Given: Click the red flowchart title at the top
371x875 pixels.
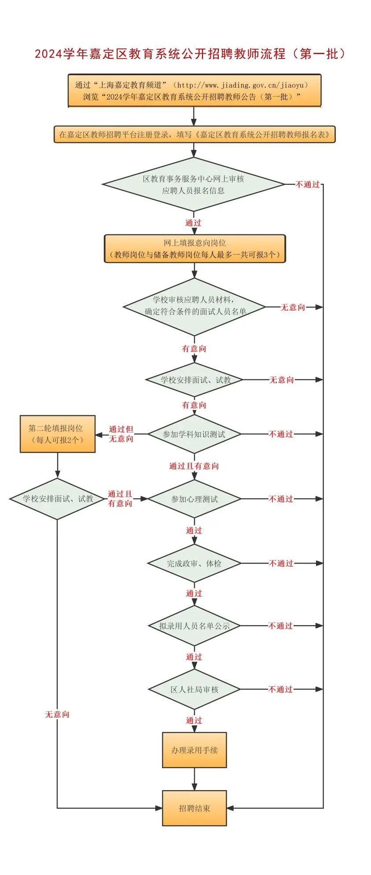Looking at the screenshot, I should (190, 54).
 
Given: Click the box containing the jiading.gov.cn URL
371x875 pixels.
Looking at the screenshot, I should (194, 91).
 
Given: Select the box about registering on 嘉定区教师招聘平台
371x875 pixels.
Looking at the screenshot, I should (194, 135).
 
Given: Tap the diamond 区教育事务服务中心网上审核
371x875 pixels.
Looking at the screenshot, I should (193, 185).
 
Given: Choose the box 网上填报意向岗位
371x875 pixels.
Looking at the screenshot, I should (195, 249).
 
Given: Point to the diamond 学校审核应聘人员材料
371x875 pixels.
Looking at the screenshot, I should (194, 306).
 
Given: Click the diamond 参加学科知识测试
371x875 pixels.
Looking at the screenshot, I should (194, 434).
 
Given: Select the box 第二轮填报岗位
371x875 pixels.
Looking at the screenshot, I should (57, 434).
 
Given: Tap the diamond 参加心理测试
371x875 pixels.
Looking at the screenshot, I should (194, 499).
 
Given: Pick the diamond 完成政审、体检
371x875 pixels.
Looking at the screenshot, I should (194, 563).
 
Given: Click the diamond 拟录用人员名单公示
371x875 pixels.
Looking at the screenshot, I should (194, 626).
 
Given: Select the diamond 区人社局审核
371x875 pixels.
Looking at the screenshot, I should (194, 689).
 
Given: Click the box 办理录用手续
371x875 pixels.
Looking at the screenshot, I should (194, 750).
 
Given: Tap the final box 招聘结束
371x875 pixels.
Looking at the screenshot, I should (194, 808).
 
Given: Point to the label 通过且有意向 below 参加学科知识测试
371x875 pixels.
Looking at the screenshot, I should (194, 466).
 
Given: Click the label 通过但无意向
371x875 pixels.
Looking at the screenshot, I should (121, 434).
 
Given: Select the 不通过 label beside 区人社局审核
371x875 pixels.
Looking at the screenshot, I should (281, 689).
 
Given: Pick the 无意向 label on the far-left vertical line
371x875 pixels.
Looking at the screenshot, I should (57, 714).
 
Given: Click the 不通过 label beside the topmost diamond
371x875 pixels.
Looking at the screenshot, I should (308, 185).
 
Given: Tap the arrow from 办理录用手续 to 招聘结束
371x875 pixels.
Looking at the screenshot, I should (194, 779).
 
